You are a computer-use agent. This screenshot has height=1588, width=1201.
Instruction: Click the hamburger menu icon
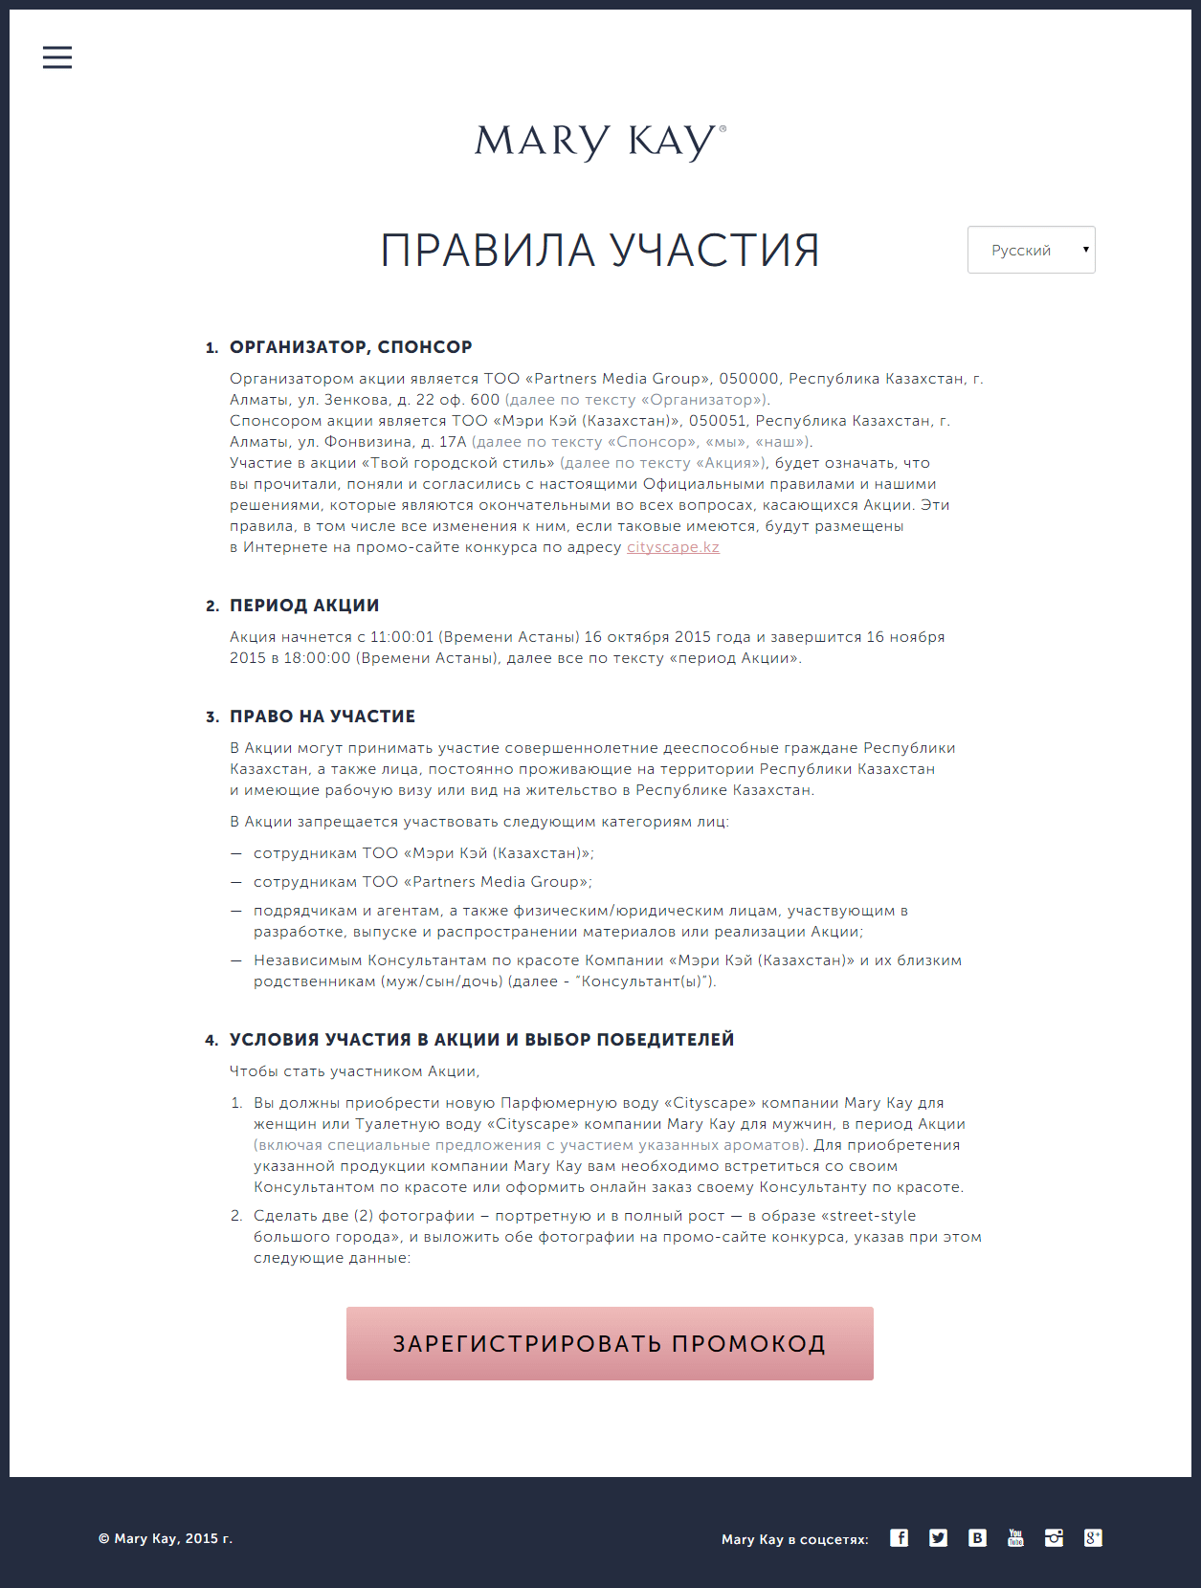point(57,57)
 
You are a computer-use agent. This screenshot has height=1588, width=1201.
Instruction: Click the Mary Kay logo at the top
point(600,142)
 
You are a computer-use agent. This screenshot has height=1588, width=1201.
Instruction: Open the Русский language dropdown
point(1031,250)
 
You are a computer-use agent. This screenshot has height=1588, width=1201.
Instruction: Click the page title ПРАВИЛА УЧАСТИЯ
point(600,251)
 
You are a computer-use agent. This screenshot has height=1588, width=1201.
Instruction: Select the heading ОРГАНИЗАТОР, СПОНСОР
point(350,347)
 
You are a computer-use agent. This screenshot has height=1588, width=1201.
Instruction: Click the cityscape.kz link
point(673,547)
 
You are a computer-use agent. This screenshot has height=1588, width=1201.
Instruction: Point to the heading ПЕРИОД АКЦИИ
point(304,606)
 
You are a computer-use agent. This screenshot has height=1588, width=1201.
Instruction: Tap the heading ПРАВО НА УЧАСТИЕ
point(322,717)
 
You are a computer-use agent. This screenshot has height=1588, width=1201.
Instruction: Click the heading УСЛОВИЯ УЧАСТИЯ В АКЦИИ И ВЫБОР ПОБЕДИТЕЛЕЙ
point(481,1040)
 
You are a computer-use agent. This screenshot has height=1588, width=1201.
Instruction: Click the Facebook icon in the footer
point(900,1537)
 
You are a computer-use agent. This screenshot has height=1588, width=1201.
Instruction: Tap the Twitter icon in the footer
point(938,1537)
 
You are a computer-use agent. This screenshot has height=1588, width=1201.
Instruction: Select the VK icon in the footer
point(977,1537)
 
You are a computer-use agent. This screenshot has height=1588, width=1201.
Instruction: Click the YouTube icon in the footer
point(1015,1537)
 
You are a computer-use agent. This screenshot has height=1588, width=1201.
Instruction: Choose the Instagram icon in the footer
point(1054,1537)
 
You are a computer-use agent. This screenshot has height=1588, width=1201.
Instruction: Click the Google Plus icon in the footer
point(1093,1537)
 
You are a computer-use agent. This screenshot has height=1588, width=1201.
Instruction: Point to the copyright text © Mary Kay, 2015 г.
point(166,1538)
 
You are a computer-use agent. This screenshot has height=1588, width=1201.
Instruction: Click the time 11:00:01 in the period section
point(402,637)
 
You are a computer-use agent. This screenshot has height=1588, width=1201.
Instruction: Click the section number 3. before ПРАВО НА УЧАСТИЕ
point(211,717)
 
